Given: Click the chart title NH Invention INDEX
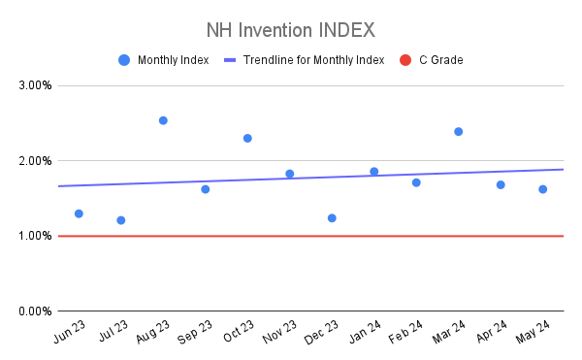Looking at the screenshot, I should tap(291, 29).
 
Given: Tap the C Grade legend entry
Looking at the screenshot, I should tap(437, 60).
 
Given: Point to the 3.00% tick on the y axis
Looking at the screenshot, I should tap(36, 85).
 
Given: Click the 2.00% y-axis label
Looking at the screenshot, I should tap(36, 160).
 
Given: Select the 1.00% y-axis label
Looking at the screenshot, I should tap(36, 236).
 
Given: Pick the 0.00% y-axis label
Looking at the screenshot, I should tap(36, 311).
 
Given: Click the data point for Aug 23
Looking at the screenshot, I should tap(163, 120).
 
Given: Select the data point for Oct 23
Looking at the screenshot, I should tap(247, 138).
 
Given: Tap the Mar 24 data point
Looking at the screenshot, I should tap(458, 131).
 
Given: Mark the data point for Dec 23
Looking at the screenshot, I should tap(332, 217).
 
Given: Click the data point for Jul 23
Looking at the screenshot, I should tap(121, 220).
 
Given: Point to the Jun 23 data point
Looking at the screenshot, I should tap(79, 213).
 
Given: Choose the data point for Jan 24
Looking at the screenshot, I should tap(374, 172).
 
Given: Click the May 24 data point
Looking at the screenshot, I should tap(542, 189).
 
